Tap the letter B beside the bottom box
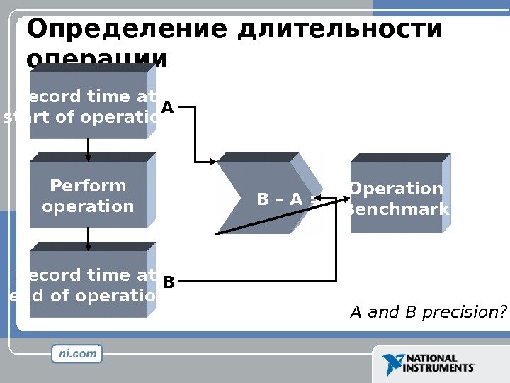pos(168,283)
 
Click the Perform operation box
pos(88,196)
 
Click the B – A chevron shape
pos(266,199)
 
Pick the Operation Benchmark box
pos(397,199)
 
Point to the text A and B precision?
pos(429,312)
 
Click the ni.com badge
pos(77,353)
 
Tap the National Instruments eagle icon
pos(393,365)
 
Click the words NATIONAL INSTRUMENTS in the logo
pos(439,364)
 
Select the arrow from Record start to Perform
pos(88,148)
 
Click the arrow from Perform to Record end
pos(88,238)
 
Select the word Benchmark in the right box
pos(397,209)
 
